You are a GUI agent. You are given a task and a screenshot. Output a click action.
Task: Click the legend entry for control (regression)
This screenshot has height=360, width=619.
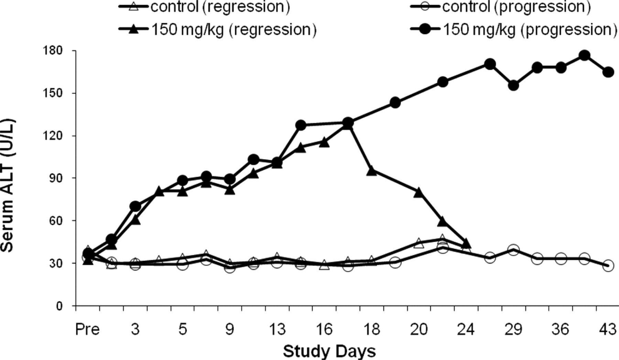pos(204,7)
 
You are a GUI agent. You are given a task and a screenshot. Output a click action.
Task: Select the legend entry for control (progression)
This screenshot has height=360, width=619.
pos(501,7)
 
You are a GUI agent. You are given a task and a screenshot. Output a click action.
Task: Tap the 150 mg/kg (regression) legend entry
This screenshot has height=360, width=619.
pos(217,29)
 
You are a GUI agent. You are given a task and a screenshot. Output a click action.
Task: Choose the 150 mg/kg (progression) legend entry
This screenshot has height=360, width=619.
pos(514,29)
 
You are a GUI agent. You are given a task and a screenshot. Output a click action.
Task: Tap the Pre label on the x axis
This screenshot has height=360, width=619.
pos(87,329)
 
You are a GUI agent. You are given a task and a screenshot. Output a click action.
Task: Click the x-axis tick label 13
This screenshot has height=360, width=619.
pos(277,329)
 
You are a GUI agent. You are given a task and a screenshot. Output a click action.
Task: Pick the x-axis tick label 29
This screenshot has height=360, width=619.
pos(513,329)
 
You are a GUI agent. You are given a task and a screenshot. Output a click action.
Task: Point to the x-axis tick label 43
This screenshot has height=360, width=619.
pos(608,329)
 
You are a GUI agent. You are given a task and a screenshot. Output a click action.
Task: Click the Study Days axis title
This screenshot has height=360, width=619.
pos(329,351)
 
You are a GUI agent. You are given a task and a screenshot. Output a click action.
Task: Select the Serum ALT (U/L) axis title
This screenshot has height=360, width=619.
pos(8,186)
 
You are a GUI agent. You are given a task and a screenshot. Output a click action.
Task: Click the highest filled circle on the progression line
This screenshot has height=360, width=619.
pos(584,55)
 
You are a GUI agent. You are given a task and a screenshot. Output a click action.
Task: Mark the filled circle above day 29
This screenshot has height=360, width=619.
pos(513,85)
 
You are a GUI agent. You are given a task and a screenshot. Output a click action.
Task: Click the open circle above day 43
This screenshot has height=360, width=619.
pos(608,265)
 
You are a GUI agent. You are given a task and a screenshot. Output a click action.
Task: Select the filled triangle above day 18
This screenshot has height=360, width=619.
pos(371,171)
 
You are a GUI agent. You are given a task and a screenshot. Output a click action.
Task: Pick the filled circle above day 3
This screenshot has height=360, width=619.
pos(135,206)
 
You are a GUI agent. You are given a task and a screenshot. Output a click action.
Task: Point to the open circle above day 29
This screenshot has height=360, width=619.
pos(513,250)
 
